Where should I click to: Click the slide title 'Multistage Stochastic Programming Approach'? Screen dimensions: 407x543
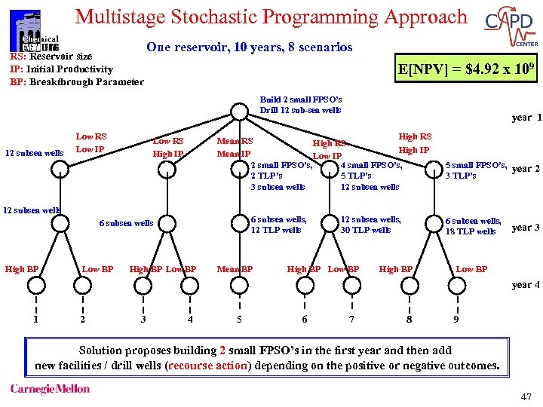271,17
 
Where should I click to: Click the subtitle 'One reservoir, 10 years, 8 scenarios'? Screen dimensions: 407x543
249,47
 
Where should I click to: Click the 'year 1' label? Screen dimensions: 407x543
526,118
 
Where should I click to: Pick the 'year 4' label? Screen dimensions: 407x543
526,285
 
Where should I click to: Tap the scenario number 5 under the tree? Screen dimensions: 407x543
239,319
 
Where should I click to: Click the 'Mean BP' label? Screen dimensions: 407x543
235,269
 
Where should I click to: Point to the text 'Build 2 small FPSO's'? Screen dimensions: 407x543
300,99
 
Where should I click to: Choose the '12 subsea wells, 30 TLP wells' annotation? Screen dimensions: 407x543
370,225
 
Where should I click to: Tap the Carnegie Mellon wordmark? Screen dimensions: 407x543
50,390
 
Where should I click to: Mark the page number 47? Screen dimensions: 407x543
525,396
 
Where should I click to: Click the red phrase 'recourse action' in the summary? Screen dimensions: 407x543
207,366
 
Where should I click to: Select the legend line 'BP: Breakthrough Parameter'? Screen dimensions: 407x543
76,81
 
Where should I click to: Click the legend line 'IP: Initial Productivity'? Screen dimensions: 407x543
61,69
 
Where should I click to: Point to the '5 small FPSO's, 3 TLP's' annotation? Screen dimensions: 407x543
475,170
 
